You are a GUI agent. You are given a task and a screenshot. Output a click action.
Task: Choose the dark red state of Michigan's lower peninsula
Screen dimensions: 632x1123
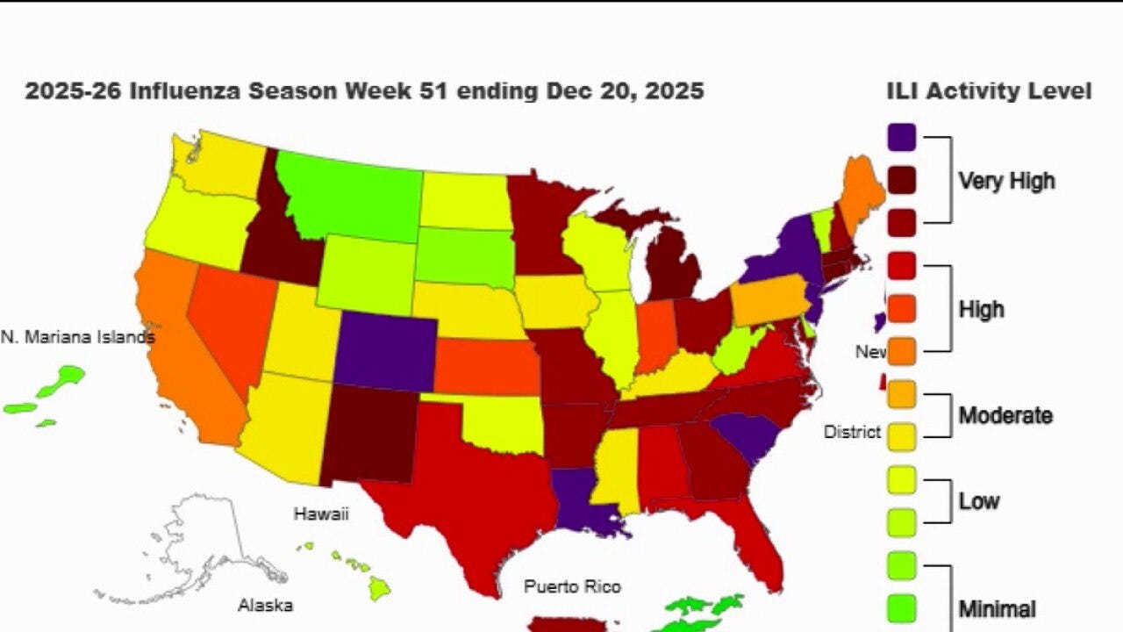[x=675, y=272]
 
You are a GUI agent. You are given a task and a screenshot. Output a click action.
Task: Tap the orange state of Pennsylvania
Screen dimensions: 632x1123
[x=769, y=302]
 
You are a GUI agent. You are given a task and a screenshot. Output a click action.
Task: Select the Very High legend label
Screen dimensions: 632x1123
[x=1005, y=181]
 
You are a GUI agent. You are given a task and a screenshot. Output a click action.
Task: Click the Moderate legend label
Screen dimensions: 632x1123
[x=1005, y=414]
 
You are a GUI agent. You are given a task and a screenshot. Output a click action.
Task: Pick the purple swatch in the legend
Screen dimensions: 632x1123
[x=902, y=137]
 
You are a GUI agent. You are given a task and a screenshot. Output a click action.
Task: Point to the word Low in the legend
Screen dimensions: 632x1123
[x=978, y=501]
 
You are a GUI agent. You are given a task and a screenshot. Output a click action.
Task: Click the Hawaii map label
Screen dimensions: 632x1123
[x=320, y=513]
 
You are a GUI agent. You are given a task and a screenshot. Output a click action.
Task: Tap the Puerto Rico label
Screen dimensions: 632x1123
[x=572, y=585]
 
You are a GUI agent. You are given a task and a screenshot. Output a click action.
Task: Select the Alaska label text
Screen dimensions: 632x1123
[x=265, y=605]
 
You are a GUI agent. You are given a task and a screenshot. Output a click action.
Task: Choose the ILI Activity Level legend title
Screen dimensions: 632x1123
[x=989, y=90]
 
